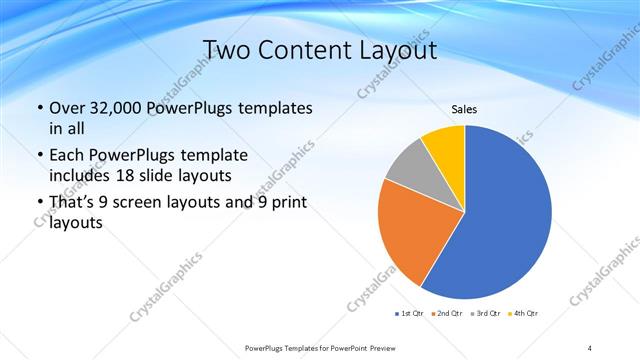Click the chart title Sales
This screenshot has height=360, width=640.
(x=465, y=109)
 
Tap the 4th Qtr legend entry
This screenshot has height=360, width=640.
(x=525, y=314)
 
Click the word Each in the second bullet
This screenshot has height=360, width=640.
(x=68, y=155)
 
